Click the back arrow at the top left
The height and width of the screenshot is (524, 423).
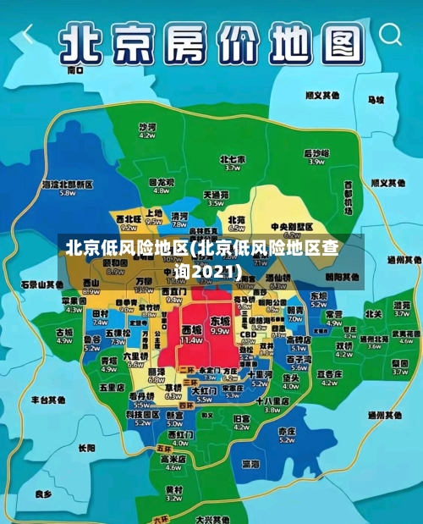pyautogui.click(x=28, y=35)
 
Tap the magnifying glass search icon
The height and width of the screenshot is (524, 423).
pyautogui.click(x=390, y=35)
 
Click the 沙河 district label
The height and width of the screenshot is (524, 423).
pyautogui.click(x=147, y=126)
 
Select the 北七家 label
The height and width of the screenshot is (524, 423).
pyautogui.click(x=233, y=159)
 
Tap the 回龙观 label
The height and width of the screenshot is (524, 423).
pyautogui.click(x=161, y=181)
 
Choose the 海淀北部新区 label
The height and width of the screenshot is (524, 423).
pyautogui.click(x=67, y=184)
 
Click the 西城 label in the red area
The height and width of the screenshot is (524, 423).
pyautogui.click(x=192, y=328)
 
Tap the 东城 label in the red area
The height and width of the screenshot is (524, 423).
pyautogui.click(x=220, y=322)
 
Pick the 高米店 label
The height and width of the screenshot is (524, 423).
pyautogui.click(x=173, y=459)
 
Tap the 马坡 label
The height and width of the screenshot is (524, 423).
pyautogui.click(x=374, y=99)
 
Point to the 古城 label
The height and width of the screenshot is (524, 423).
pyautogui.click(x=64, y=333)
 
